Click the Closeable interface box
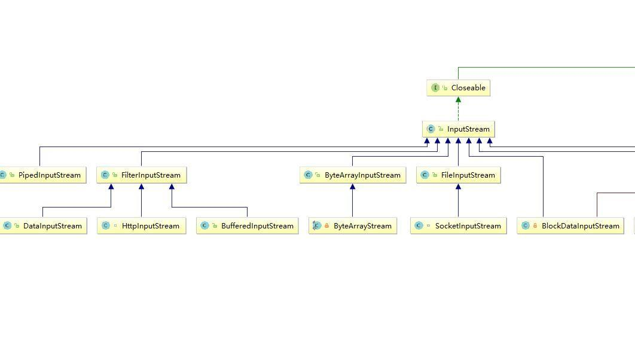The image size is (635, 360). (459, 88)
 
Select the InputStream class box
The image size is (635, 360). (459, 129)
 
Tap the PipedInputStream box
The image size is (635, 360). (42, 175)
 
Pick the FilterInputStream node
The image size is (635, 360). (142, 175)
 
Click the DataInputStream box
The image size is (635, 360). (43, 226)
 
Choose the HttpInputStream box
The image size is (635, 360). (142, 226)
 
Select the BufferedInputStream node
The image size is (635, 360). (248, 226)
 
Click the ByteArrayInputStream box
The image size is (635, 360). (353, 175)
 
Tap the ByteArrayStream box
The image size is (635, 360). (353, 226)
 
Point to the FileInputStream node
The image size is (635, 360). (459, 175)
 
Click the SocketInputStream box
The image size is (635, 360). (459, 226)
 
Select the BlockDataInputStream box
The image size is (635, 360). (572, 226)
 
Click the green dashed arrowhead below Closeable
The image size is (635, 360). (459, 100)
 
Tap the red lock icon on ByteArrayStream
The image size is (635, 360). (327, 226)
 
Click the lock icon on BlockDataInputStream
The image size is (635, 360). (535, 226)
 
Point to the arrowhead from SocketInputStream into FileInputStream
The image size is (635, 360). (459, 187)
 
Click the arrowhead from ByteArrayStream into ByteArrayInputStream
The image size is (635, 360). (353, 187)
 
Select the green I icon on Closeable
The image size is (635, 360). (435, 88)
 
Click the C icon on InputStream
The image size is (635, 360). (431, 129)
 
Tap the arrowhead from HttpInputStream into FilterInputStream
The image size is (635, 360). (142, 187)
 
